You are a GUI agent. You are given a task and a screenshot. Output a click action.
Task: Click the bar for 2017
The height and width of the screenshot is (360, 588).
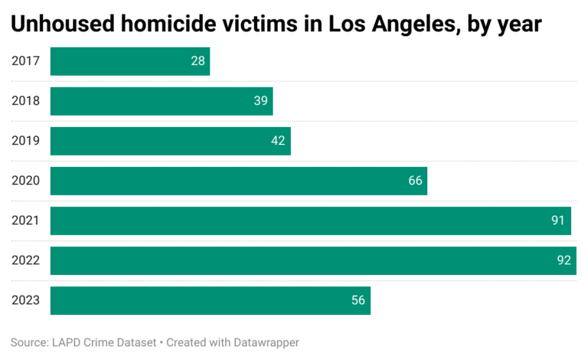tap(130, 61)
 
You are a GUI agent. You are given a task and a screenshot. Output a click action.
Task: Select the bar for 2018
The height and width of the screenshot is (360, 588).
tap(162, 101)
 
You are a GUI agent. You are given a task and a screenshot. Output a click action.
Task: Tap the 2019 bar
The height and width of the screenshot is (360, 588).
tap(170, 141)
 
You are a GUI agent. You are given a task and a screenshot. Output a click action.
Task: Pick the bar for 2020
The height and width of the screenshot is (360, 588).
tap(238, 181)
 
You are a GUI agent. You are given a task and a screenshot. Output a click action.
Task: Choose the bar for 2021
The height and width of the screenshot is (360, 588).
tap(310, 221)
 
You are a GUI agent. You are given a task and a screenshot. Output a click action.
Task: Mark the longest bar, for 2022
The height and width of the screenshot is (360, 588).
tap(313, 260)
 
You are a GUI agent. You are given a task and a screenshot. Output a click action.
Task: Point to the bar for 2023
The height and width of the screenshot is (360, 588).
tap(210, 300)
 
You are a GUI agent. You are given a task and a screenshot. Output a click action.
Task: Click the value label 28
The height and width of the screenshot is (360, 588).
tap(198, 61)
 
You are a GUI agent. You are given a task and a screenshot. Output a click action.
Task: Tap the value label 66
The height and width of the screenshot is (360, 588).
tap(415, 181)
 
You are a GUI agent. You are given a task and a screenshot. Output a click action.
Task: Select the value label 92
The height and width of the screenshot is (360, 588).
tap(563, 260)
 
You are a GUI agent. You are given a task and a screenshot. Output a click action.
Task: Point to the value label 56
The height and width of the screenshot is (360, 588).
tap(358, 300)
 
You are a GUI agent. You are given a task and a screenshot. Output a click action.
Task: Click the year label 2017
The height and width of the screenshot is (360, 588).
tap(25, 61)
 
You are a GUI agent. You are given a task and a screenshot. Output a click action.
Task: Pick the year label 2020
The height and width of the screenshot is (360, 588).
tap(25, 181)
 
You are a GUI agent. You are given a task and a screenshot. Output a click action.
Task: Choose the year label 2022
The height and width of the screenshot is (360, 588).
tap(25, 260)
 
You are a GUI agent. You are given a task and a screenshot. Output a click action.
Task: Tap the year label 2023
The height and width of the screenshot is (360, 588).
tap(25, 300)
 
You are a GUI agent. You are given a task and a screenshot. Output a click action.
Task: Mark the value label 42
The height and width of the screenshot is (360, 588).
tap(278, 141)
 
